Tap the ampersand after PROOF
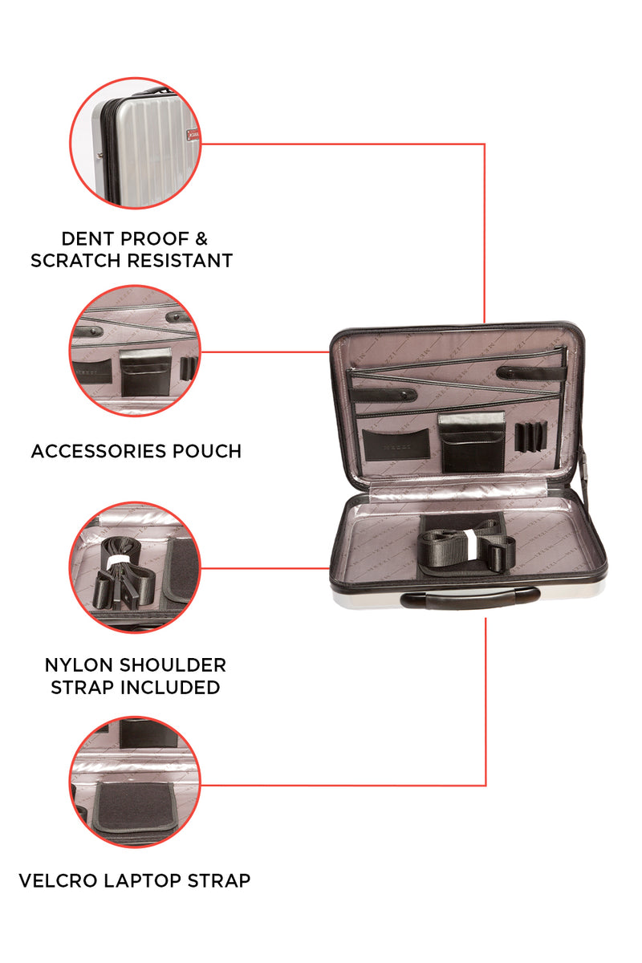tap(201, 239)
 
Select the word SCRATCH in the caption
tap(75, 261)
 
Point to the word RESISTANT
tap(180, 261)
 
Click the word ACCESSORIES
tap(99, 451)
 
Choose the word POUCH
tap(207, 451)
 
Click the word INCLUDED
tap(170, 688)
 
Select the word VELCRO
tap(58, 880)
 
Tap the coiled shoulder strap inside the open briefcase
tap(466, 546)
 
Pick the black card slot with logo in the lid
tap(396, 445)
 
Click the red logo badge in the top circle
tap(193, 136)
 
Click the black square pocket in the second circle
tap(145, 372)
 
